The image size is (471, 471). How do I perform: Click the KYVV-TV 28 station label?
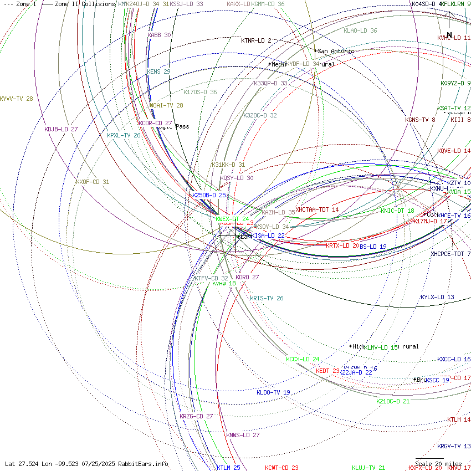(17, 99)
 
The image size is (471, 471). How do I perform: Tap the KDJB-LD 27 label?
(61, 129)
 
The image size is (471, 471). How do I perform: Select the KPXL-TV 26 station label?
(124, 135)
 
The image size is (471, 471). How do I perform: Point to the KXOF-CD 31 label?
(93, 182)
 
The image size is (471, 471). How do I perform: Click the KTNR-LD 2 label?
(256, 40)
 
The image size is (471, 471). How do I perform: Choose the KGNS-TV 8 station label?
(420, 120)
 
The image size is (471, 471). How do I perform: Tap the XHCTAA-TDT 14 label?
(317, 209)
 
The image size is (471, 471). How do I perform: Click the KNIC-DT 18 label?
(397, 211)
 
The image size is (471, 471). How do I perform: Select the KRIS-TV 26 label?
(267, 298)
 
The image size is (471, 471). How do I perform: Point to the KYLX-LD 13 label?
(437, 297)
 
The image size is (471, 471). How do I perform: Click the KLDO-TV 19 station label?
(273, 392)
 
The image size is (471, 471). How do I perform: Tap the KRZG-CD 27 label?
(196, 416)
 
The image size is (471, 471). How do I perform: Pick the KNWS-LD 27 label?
(243, 435)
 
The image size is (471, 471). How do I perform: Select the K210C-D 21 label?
(393, 401)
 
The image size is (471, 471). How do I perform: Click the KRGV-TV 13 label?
(454, 446)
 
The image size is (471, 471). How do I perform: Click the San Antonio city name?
(336, 51)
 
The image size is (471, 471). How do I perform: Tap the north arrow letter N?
(449, 34)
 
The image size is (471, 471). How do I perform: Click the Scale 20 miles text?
(438, 464)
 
